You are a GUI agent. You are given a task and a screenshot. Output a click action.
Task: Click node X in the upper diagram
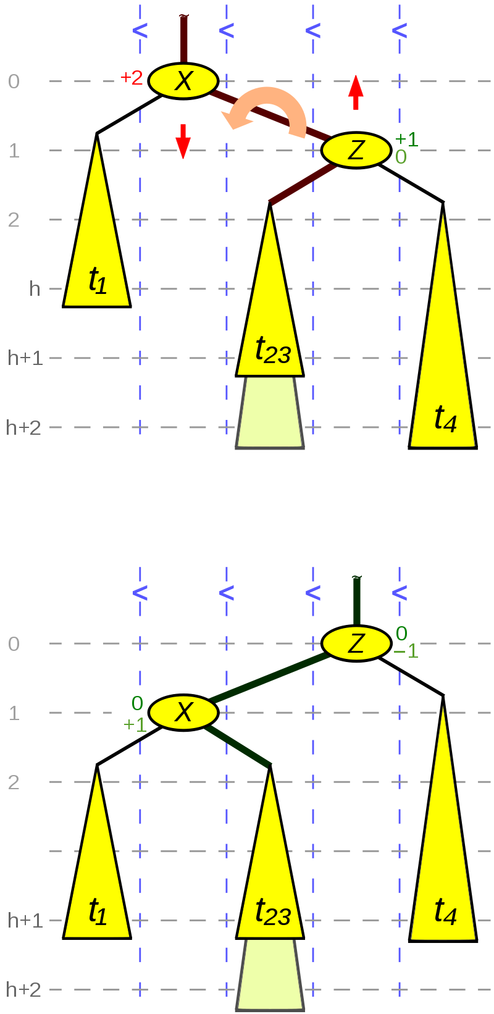click(x=183, y=81)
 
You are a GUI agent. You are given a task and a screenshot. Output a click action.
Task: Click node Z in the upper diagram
click(x=356, y=150)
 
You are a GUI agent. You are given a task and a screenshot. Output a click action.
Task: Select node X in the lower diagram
click(x=183, y=713)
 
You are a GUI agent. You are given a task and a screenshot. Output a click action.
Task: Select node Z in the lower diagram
click(x=356, y=643)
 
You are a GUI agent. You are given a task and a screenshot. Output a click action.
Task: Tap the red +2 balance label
click(x=131, y=77)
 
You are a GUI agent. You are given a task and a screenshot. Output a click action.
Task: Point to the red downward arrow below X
click(x=183, y=141)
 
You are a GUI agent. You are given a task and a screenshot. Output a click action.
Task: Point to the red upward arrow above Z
click(x=356, y=92)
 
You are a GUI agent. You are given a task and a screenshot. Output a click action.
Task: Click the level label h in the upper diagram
click(x=35, y=288)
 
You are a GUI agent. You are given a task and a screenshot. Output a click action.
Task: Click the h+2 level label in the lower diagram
click(x=23, y=989)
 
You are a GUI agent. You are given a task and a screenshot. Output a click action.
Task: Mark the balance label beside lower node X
click(x=130, y=712)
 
